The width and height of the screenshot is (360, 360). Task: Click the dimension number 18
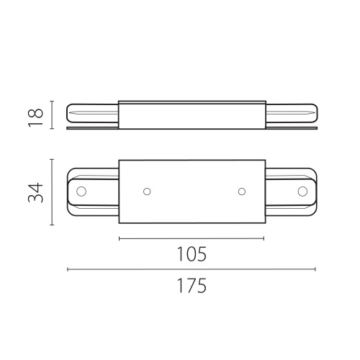(36, 117)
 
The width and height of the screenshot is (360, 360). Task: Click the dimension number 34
(36, 193)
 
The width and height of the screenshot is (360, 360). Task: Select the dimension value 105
(192, 254)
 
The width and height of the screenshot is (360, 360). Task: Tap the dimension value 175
(192, 286)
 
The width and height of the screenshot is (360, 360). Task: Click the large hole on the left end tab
(81, 192)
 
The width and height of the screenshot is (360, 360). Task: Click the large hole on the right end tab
(302, 192)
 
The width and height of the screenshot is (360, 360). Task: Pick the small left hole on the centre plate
(147, 192)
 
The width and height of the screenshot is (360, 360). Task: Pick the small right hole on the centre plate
(242, 192)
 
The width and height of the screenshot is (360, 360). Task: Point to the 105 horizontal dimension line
(192, 238)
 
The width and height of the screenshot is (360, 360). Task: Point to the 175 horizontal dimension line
(192, 269)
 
